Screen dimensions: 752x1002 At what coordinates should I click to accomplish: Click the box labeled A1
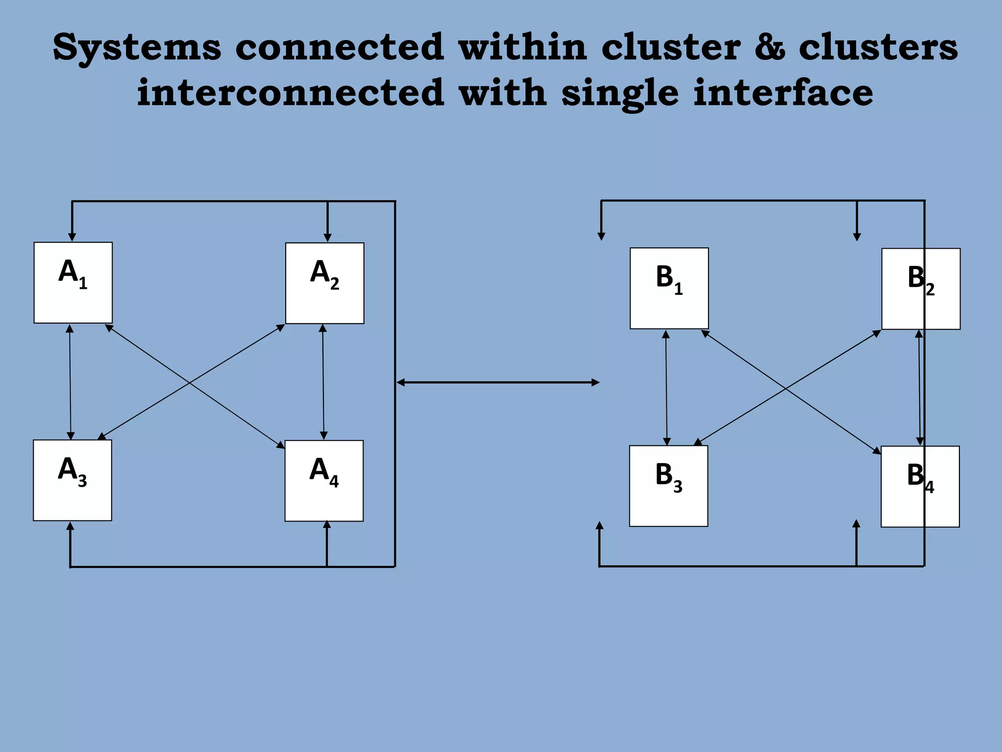pos(73,282)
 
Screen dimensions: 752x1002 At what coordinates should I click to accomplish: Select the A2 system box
pos(324,283)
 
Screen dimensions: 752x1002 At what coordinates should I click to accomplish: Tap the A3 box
pos(72,480)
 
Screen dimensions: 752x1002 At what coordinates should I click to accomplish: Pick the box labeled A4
pos(324,481)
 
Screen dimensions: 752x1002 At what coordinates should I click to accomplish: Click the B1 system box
pos(669,288)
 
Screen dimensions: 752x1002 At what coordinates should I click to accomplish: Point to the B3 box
pos(668,486)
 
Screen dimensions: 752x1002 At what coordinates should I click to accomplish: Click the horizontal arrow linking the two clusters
pos(498,382)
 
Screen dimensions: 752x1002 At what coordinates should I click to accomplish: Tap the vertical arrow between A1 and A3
pos(70,382)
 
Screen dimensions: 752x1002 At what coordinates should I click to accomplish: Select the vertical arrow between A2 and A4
pos(323,382)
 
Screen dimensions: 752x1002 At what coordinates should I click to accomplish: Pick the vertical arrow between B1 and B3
pos(666,387)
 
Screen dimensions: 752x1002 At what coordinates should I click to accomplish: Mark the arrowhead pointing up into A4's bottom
pos(327,525)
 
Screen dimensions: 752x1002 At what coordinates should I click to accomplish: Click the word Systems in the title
pos(137,47)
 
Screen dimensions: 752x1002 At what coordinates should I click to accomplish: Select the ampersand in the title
pos(770,47)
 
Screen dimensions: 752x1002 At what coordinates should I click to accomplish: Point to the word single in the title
pos(620,93)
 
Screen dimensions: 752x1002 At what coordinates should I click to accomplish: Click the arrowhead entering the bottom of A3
pos(70,527)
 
